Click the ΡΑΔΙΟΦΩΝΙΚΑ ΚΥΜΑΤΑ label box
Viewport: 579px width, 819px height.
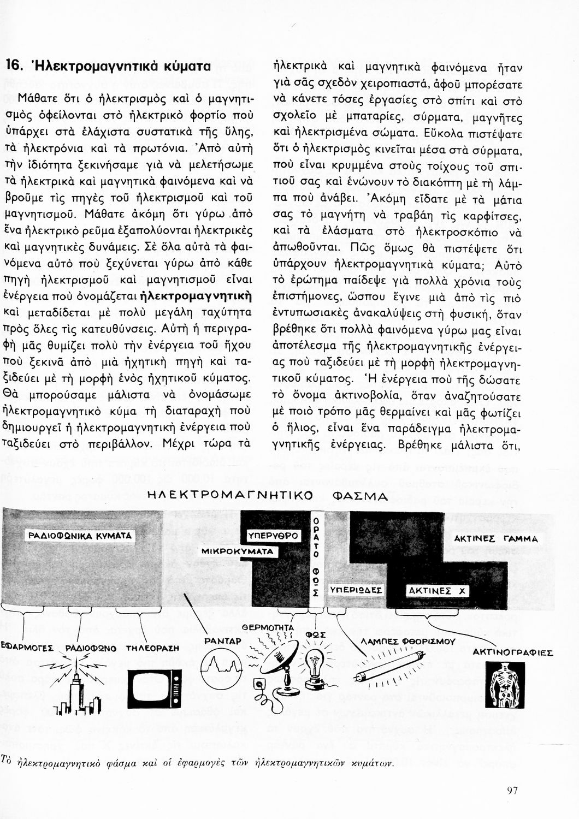pyautogui.click(x=80, y=536)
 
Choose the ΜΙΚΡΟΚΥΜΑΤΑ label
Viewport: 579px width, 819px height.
pyautogui.click(x=237, y=551)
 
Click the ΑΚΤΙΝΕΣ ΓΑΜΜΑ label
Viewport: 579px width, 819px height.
pyautogui.click(x=496, y=538)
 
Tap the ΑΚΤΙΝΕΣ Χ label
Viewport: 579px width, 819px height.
pyautogui.click(x=430, y=591)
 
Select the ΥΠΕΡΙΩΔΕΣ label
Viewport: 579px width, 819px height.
pyautogui.click(x=356, y=591)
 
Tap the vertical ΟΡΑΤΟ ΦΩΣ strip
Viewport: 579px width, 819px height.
pyautogui.click(x=315, y=557)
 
